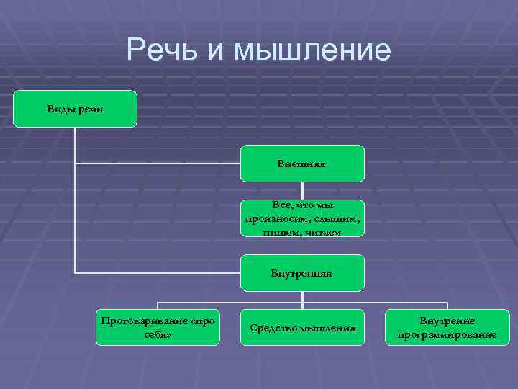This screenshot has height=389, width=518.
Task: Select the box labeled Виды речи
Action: coord(75,109)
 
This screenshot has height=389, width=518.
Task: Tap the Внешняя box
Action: coord(302,164)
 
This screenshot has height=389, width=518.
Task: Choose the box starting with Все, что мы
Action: coord(302,218)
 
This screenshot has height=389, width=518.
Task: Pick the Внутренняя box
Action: coord(302,273)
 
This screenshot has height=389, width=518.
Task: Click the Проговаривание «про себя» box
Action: coord(158,328)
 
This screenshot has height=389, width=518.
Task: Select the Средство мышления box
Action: coord(302,328)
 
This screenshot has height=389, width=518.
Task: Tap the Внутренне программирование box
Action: coord(447,328)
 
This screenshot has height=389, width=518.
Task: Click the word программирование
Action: coord(447,335)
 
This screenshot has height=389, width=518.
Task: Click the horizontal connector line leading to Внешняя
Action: coord(158,164)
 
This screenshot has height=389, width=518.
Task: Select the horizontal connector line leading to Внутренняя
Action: coord(158,273)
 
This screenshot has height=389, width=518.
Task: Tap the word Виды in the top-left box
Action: coord(59,109)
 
